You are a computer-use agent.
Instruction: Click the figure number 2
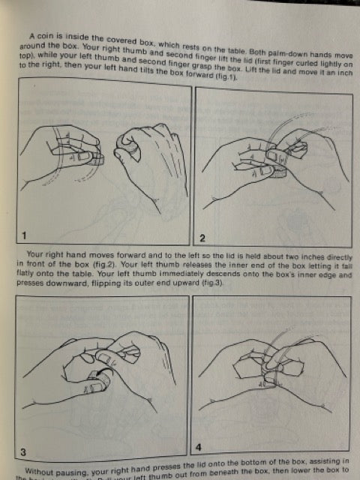(202, 238)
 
